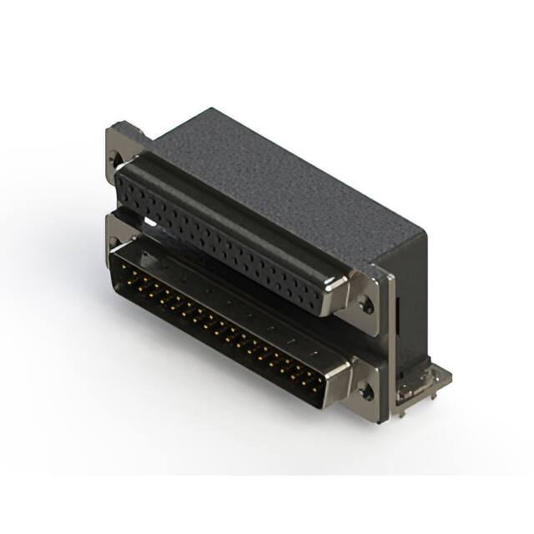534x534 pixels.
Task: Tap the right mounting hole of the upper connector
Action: click(x=366, y=305)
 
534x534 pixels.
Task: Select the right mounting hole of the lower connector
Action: click(x=365, y=390)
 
